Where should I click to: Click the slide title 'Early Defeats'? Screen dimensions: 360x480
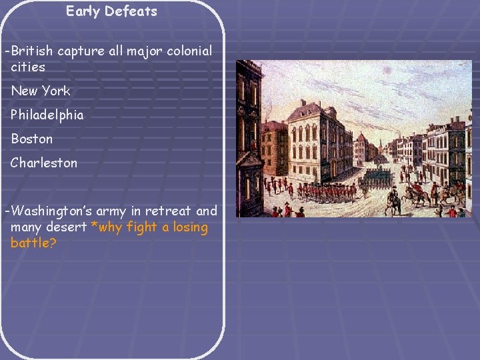pos(111,11)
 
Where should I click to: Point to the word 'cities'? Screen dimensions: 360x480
pos(28,67)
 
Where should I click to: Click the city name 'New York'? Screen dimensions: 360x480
pos(40,91)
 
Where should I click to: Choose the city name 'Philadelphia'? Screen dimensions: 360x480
pos(47,115)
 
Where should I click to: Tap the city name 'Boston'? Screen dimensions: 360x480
pos(31,139)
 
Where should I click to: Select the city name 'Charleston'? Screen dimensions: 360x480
pos(44,163)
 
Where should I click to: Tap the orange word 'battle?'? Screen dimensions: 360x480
pos(33,243)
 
